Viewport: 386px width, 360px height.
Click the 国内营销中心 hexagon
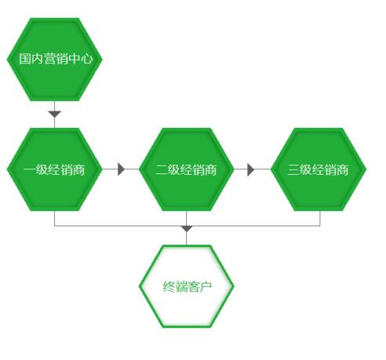(54, 60)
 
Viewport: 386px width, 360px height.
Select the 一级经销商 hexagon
(54, 169)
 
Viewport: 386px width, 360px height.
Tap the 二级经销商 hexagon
(186, 169)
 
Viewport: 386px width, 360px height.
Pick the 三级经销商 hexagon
(319, 169)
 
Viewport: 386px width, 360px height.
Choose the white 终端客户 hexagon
(186, 286)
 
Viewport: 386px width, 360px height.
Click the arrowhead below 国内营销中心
(55, 114)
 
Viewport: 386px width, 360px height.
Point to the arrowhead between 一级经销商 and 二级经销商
(121, 169)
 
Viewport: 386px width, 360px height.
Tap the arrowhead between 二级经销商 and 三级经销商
(250, 169)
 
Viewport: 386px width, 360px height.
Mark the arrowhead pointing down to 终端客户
(187, 229)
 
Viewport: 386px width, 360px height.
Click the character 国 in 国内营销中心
(25, 59)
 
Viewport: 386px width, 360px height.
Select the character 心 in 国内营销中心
(87, 59)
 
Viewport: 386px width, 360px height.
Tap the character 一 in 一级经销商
(29, 169)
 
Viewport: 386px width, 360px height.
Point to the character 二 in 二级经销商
(161, 169)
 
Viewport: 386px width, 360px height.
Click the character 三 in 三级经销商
(293, 169)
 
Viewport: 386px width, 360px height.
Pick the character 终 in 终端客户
(169, 286)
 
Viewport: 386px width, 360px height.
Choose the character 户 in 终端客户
(206, 286)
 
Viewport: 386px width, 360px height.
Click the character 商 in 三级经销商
(343, 169)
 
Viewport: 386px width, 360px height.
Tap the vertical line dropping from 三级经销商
(320, 218)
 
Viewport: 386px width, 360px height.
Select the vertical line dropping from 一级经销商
(54, 218)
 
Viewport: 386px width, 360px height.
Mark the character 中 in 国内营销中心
(75, 59)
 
